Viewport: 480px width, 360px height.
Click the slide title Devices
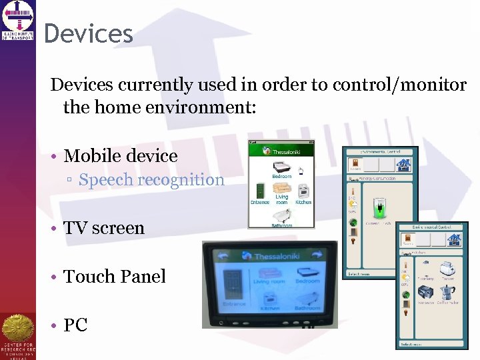(89, 33)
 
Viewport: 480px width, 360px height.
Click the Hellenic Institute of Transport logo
(18, 19)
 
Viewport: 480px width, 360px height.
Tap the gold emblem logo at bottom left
(18, 330)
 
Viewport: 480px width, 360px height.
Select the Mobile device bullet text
(121, 156)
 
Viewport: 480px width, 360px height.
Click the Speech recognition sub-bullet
(151, 179)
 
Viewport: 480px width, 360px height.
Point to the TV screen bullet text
(104, 228)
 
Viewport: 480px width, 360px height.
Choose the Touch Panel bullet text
(115, 276)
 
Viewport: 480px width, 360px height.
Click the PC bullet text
(75, 325)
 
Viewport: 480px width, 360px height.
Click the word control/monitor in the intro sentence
(410, 85)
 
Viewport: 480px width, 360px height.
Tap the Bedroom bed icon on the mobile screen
(281, 167)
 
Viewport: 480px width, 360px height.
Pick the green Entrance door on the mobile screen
(259, 190)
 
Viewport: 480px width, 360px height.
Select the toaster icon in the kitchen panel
(447, 267)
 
